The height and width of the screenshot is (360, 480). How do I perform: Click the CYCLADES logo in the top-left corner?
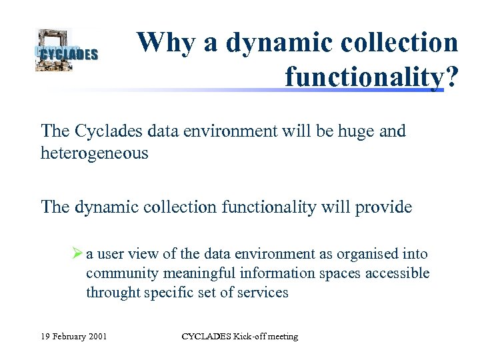pyautogui.click(x=66, y=50)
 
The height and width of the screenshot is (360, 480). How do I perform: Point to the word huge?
pyautogui.click(x=352, y=131)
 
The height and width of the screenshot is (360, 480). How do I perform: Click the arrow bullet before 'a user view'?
pyautogui.click(x=77, y=254)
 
